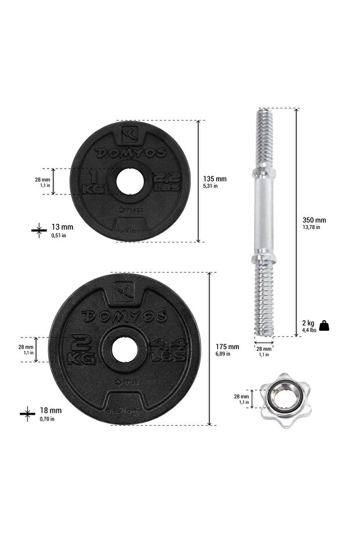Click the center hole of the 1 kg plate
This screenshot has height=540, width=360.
(x=126, y=181)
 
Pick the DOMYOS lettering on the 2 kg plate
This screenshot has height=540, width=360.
(x=124, y=316)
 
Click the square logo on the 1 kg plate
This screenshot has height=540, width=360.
(x=131, y=134)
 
